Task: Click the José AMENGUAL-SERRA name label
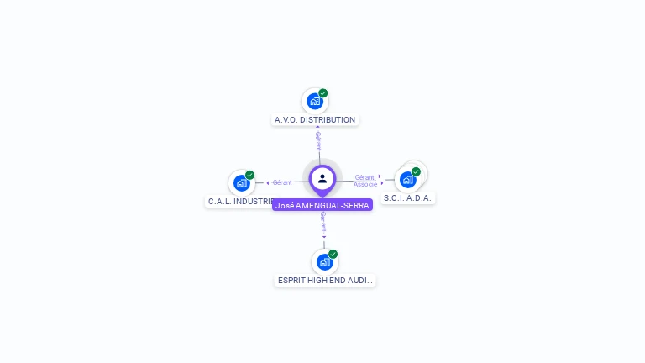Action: click(x=322, y=205)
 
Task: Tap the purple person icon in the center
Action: click(x=322, y=178)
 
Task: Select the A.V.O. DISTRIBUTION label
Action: click(x=315, y=120)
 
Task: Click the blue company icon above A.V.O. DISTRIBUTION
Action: click(x=314, y=102)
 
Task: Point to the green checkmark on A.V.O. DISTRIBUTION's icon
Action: click(x=323, y=93)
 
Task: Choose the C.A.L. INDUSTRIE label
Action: click(x=240, y=202)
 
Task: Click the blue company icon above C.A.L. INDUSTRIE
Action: click(x=241, y=183)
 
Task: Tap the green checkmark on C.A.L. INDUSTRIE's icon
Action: click(x=249, y=175)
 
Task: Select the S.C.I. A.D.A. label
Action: click(x=408, y=198)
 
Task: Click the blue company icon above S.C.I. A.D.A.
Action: click(x=407, y=180)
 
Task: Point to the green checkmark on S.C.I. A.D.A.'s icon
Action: click(x=416, y=171)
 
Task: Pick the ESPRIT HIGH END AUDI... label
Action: click(x=325, y=281)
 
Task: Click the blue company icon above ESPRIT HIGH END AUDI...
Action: click(x=324, y=262)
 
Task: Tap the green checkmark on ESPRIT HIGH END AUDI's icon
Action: click(x=333, y=254)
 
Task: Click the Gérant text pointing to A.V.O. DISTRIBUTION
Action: click(x=318, y=141)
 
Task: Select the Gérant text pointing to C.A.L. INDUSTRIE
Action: click(x=282, y=182)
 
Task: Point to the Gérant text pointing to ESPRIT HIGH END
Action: click(x=323, y=223)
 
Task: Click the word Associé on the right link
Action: click(x=365, y=184)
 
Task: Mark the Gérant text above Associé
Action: click(x=364, y=177)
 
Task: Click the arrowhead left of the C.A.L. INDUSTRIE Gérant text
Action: click(x=268, y=182)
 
